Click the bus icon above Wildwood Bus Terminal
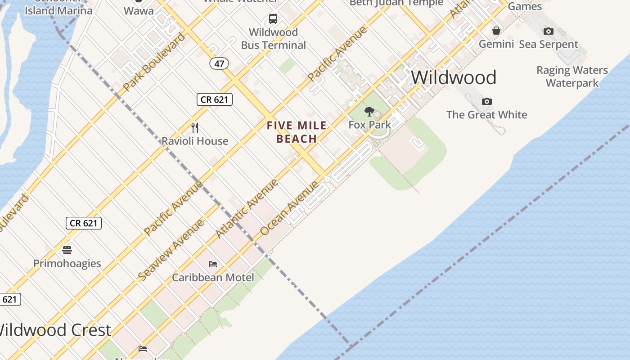(x=273, y=19)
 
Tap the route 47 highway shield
(x=219, y=63)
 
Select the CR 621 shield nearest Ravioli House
(x=215, y=99)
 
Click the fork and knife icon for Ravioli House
(x=195, y=128)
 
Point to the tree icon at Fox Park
(x=369, y=112)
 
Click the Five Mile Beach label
(x=297, y=132)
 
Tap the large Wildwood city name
(x=454, y=77)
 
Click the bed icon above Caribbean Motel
(x=213, y=264)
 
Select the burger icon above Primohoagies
(x=67, y=250)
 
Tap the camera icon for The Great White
(x=487, y=101)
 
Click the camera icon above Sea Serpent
(x=548, y=31)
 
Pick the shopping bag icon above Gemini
(x=496, y=31)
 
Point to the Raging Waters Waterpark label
(x=572, y=76)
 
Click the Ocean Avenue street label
(x=289, y=208)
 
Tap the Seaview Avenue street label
(x=171, y=250)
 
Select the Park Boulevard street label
(x=153, y=62)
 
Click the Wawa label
(x=138, y=11)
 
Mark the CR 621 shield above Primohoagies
(x=84, y=223)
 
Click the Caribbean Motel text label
(x=213, y=277)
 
